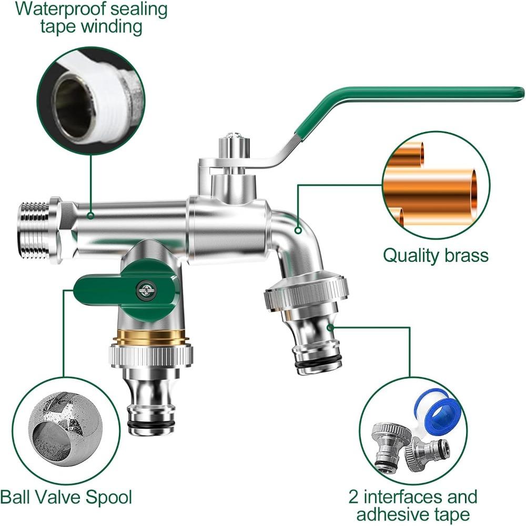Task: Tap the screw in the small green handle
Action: (142, 288)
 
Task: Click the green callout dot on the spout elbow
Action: (298, 230)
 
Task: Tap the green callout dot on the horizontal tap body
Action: (90, 215)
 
